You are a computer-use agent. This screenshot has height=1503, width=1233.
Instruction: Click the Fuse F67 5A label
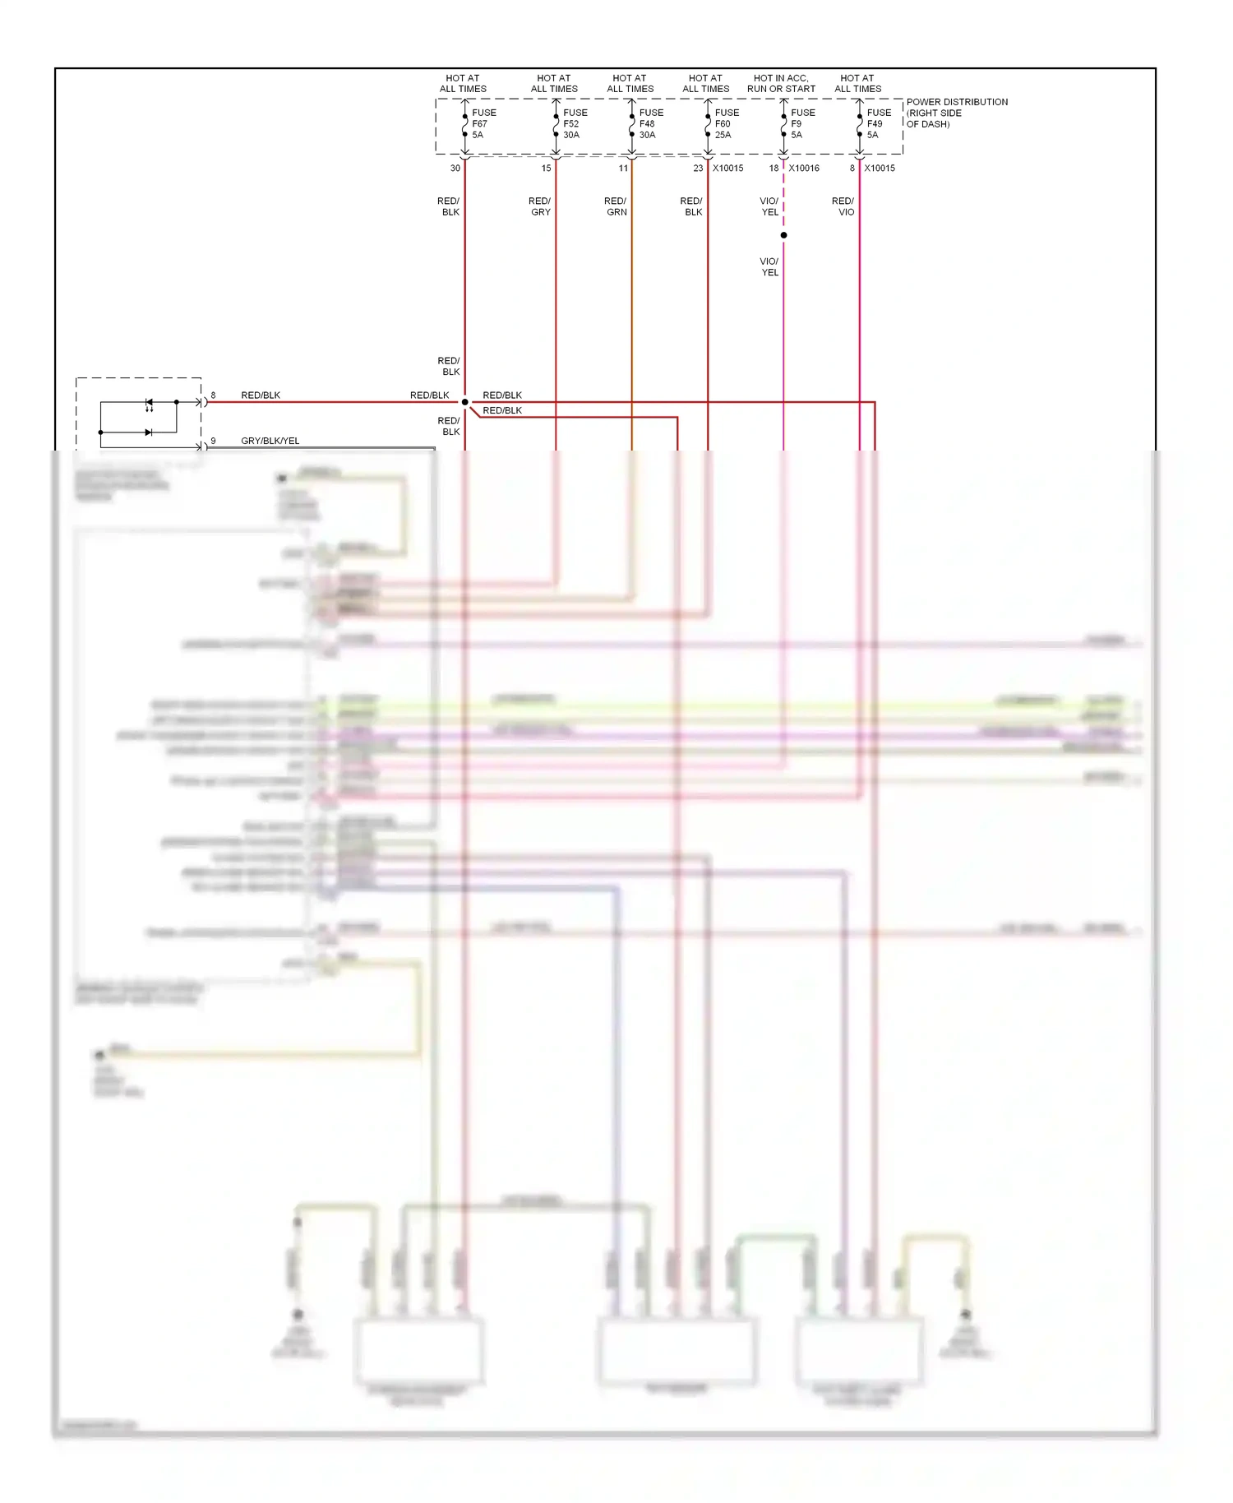pos(483,123)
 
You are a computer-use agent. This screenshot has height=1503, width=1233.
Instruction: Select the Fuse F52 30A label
pos(575,123)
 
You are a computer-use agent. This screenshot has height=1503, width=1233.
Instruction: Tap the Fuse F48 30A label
pos(650,123)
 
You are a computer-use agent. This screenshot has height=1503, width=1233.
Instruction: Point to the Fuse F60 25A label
pos(726,123)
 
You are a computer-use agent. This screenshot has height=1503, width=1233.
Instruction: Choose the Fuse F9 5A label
pos(802,123)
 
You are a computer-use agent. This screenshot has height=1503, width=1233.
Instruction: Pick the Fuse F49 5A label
pos(878,123)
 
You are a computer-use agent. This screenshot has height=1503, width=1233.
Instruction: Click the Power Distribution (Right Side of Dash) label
pos(956,113)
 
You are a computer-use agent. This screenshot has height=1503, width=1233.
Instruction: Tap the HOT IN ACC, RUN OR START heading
pos(781,83)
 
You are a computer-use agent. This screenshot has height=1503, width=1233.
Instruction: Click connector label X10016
pos(804,168)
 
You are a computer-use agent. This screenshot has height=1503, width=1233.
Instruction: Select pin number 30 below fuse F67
pos(455,168)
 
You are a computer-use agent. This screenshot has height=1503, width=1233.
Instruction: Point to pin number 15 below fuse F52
pos(546,168)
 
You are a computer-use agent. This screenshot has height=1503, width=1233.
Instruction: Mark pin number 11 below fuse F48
pos(623,168)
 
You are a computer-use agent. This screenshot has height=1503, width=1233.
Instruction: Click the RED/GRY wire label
pos(540,206)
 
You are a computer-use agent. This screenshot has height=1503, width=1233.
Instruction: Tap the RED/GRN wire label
pos(616,206)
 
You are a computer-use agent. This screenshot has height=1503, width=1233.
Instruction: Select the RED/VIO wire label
pos(843,206)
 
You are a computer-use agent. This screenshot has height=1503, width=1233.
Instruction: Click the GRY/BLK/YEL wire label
pos(270,441)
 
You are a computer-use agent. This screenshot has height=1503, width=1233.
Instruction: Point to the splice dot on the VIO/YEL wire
pos(783,235)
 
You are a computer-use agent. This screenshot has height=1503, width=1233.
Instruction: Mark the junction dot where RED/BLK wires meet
pos(464,402)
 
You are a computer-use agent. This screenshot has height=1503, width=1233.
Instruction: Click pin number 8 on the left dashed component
pos(213,395)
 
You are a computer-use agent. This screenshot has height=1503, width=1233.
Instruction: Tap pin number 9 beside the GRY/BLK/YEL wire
pos(213,441)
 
